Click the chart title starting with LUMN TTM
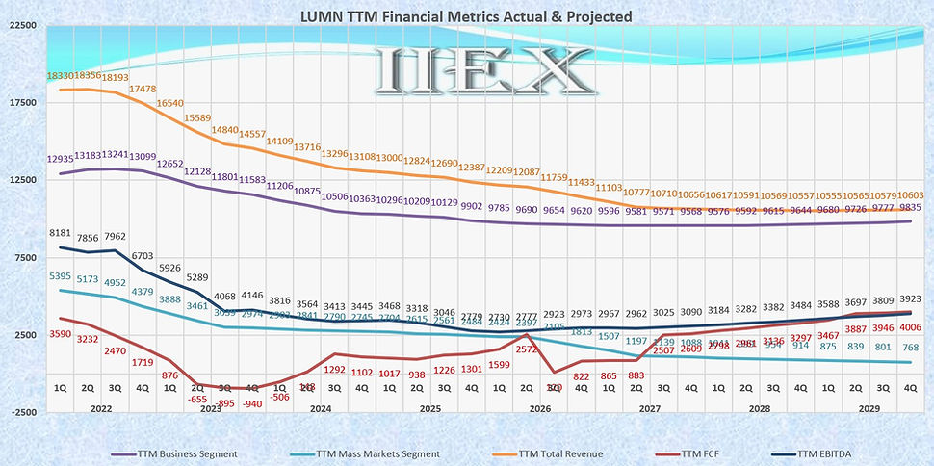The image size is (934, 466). click(x=466, y=15)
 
